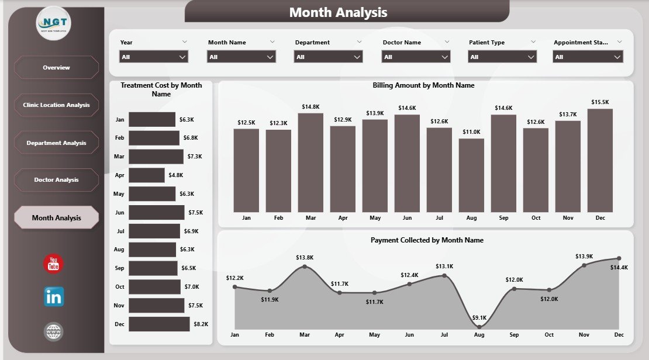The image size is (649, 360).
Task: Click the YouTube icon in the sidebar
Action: (53, 264)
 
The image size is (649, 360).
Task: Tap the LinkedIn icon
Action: (54, 297)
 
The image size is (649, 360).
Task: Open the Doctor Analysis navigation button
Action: (56, 180)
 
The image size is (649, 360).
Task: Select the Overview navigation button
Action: (56, 68)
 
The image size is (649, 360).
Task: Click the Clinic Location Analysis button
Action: (56, 105)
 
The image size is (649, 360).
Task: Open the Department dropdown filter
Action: (329, 57)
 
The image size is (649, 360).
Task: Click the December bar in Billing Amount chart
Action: (600, 161)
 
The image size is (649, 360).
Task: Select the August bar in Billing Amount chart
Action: (471, 175)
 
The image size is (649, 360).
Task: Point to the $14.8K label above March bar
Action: (310, 107)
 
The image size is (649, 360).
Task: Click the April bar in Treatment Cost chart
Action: (147, 175)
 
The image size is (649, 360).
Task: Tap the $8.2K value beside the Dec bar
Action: (200, 324)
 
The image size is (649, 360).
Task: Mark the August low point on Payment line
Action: (479, 327)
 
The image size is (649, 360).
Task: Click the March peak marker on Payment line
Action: (305, 267)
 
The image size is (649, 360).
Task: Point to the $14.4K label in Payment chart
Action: (619, 267)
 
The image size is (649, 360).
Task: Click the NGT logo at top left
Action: (54, 23)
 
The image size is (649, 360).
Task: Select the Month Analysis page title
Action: (338, 12)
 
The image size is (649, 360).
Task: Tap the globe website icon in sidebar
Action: (54, 332)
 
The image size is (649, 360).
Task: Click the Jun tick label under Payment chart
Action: (409, 335)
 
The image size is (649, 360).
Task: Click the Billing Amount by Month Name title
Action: (423, 85)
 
